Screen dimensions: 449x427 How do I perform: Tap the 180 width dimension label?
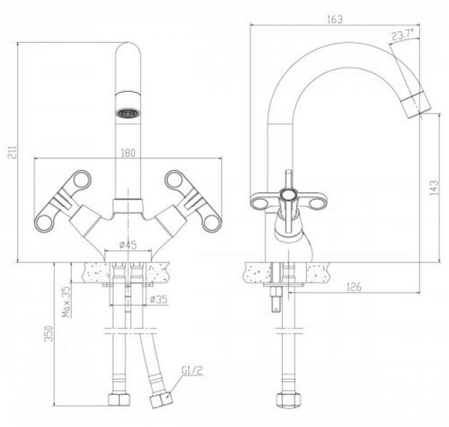(128, 153)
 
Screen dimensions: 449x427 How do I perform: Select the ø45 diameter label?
(128, 245)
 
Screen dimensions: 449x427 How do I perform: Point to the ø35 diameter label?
(158, 299)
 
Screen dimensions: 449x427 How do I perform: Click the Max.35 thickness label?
(66, 302)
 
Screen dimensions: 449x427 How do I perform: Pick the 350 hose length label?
(49, 334)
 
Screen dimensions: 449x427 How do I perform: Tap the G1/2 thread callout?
(192, 371)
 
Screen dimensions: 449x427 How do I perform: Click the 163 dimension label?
(335, 19)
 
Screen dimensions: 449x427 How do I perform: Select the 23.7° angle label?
(403, 35)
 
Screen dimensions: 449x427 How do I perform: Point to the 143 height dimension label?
(434, 187)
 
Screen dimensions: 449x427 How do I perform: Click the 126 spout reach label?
(354, 287)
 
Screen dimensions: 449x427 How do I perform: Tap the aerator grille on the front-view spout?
(128, 113)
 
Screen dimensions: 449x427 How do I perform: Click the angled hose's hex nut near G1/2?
(161, 399)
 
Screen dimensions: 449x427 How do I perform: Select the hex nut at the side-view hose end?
(288, 399)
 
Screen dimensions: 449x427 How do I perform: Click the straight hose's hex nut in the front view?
(119, 399)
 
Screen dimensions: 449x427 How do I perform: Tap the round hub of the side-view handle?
(289, 195)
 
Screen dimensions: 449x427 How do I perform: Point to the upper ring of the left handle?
(82, 180)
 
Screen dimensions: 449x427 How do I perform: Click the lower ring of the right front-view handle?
(212, 222)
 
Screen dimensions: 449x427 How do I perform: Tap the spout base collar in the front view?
(128, 206)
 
